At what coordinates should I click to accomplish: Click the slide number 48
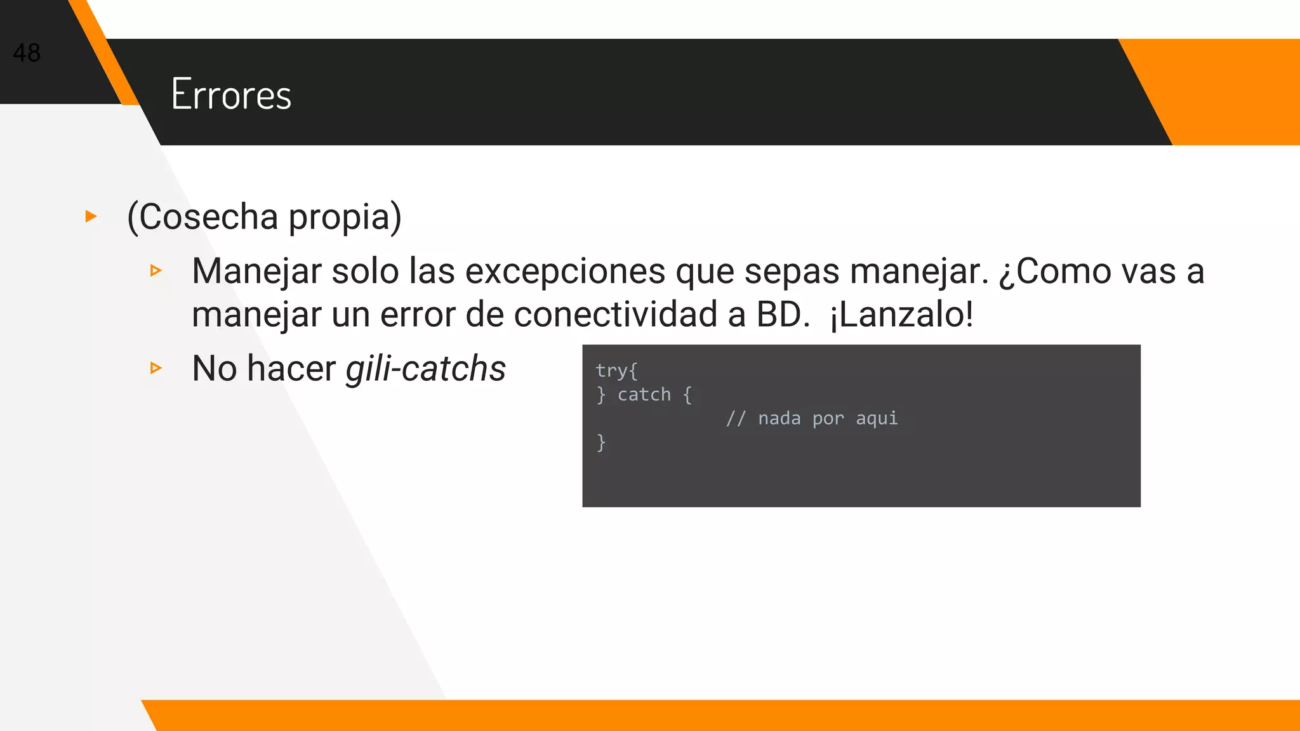click(27, 53)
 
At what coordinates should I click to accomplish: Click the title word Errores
click(231, 95)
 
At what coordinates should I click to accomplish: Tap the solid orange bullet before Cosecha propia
click(91, 216)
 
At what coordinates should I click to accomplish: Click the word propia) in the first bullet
click(345, 217)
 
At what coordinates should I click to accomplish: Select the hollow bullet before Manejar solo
click(156, 271)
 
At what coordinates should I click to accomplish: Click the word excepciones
click(564, 271)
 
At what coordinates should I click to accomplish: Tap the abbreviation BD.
click(782, 314)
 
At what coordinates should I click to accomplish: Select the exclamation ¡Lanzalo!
click(901, 314)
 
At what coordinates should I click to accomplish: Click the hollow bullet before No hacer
click(156, 368)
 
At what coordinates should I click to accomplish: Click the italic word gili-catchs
click(425, 368)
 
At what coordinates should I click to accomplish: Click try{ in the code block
click(616, 371)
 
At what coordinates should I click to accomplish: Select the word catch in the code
click(644, 395)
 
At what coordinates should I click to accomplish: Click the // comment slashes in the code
click(736, 419)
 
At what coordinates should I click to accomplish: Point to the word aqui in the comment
click(877, 419)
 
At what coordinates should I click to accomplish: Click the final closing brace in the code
click(600, 442)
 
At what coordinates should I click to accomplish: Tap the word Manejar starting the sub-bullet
click(256, 271)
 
